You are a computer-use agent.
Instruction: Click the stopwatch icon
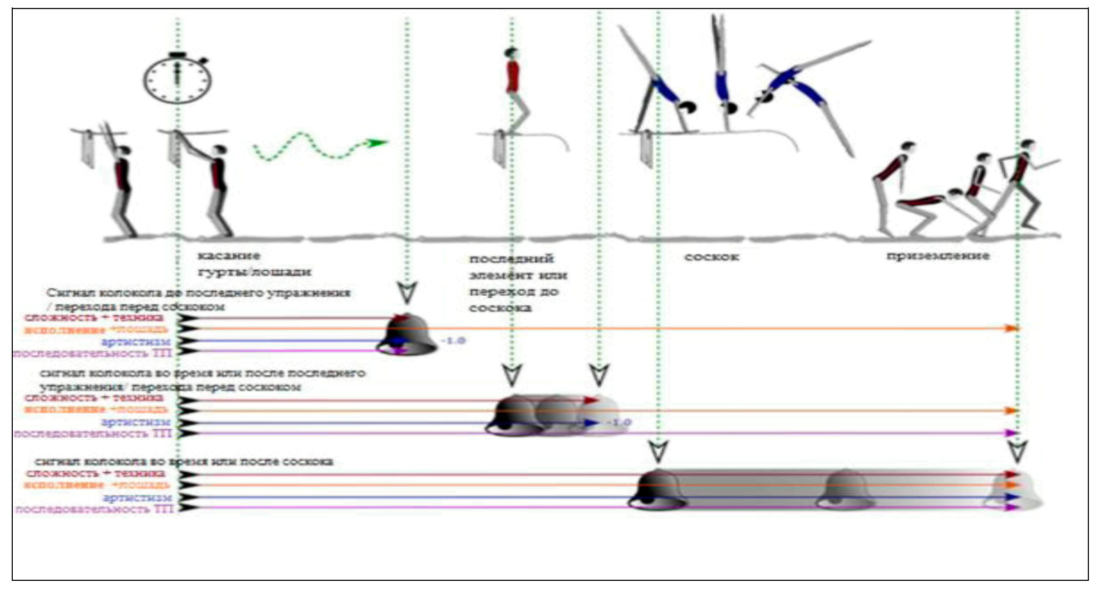point(177,79)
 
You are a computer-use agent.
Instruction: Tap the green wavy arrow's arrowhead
point(378,143)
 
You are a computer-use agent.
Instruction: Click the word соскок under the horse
point(712,257)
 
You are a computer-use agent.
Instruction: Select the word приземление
point(938,256)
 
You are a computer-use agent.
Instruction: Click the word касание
point(229,255)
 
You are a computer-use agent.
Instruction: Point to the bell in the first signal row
point(407,335)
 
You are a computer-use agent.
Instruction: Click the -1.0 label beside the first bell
point(454,340)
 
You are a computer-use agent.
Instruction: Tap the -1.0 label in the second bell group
point(619,423)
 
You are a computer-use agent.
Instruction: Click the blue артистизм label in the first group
point(136,341)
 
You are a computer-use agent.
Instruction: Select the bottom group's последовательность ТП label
point(95,509)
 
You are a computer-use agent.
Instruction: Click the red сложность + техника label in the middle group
point(94,398)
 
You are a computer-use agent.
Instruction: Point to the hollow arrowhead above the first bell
point(407,293)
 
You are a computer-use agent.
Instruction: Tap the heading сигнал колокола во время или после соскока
point(184,461)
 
